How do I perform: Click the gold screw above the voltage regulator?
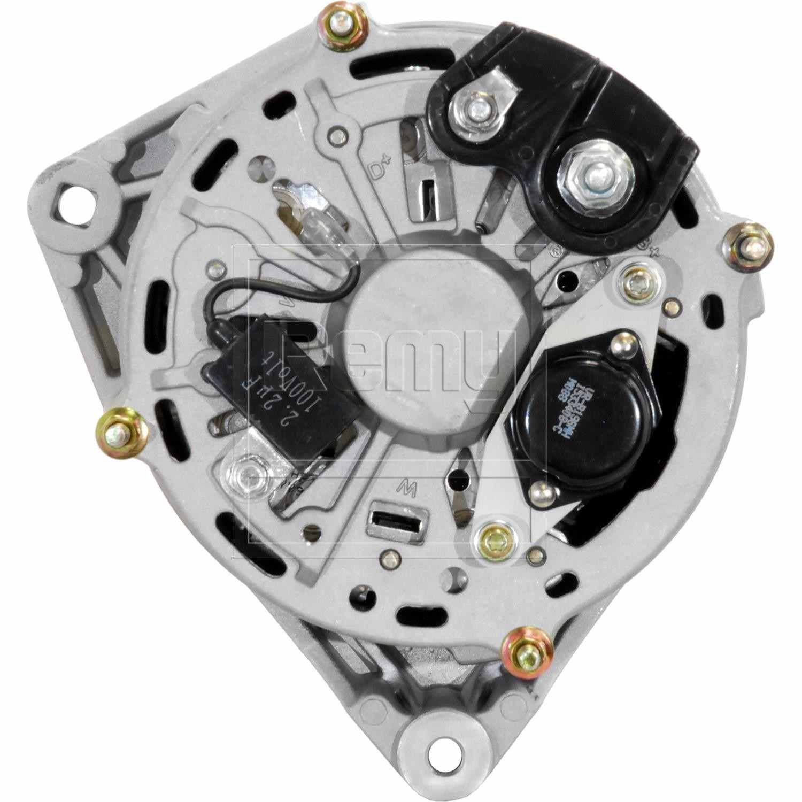(638, 280)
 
